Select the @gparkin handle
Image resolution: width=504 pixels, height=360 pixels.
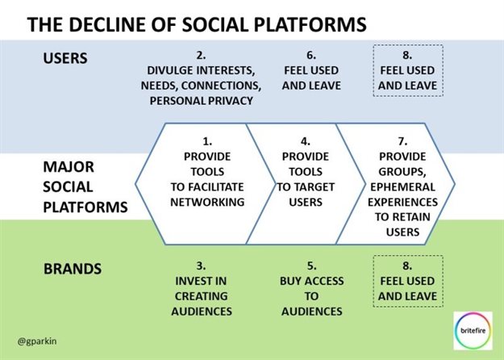click(x=41, y=331)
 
